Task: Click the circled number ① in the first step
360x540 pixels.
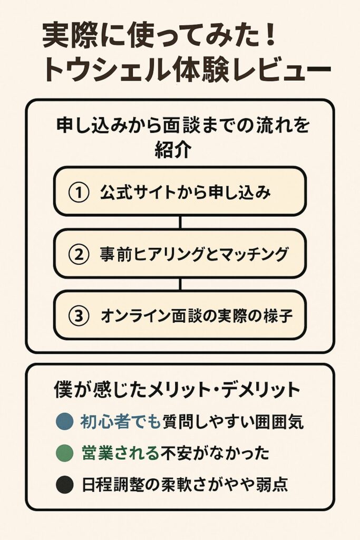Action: pyautogui.click(x=79, y=192)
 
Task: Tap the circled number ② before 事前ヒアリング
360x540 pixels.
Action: pyautogui.click(x=79, y=254)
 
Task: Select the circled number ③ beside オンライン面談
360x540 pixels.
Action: pyautogui.click(x=79, y=315)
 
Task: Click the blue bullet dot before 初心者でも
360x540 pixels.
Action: pyautogui.click(x=65, y=421)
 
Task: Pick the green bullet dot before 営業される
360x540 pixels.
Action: pyautogui.click(x=65, y=453)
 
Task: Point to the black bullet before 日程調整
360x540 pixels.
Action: pyautogui.click(x=65, y=485)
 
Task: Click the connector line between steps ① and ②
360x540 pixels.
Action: pyautogui.click(x=180, y=223)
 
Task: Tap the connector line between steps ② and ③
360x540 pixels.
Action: pyautogui.click(x=180, y=284)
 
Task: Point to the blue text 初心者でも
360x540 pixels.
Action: pyautogui.click(x=121, y=421)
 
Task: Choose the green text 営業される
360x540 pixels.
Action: pyautogui.click(x=121, y=453)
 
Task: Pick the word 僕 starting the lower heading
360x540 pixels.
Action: pyautogui.click(x=63, y=390)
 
